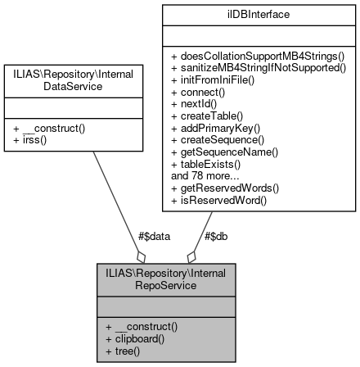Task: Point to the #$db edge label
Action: (215, 236)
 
